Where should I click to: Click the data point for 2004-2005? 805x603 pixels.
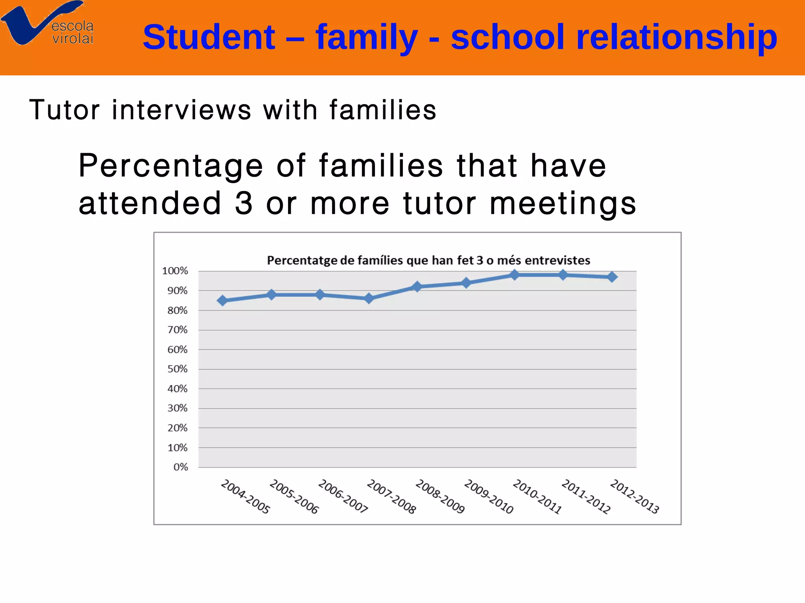pyautogui.click(x=222, y=301)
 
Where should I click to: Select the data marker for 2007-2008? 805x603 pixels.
pyautogui.click(x=369, y=299)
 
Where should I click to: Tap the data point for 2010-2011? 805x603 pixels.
pyautogui.click(x=515, y=275)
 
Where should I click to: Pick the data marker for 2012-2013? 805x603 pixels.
pyautogui.click(x=612, y=277)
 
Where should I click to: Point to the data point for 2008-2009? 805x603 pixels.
pyautogui.click(x=417, y=287)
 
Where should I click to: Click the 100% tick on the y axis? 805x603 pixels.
pyautogui.click(x=175, y=271)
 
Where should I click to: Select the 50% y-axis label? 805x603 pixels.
pyautogui.click(x=177, y=369)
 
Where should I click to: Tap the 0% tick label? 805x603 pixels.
pyautogui.click(x=180, y=467)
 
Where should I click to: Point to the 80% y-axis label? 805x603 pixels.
pyautogui.click(x=177, y=311)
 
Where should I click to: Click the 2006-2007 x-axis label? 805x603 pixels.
pyautogui.click(x=343, y=496)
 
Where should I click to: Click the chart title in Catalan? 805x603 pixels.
pyautogui.click(x=428, y=260)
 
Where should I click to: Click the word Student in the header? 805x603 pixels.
pyautogui.click(x=209, y=37)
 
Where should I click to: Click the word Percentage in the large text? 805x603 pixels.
pyautogui.click(x=171, y=166)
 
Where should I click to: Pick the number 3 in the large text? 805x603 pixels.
pyautogui.click(x=244, y=203)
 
